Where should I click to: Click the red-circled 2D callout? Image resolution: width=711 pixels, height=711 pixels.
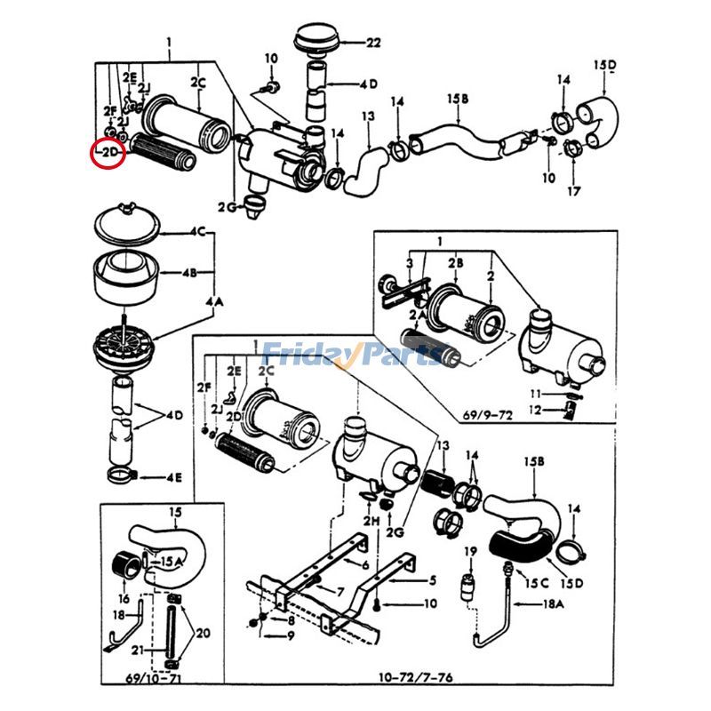pos(109,154)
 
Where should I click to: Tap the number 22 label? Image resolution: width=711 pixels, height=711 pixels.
pos(372,42)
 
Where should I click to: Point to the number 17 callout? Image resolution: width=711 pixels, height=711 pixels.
pos(573,191)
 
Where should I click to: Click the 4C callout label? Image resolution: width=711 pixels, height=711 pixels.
pos(196,232)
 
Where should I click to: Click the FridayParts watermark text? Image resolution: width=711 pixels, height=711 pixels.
pos(351,355)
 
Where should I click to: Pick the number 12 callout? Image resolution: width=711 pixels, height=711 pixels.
pos(535,410)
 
